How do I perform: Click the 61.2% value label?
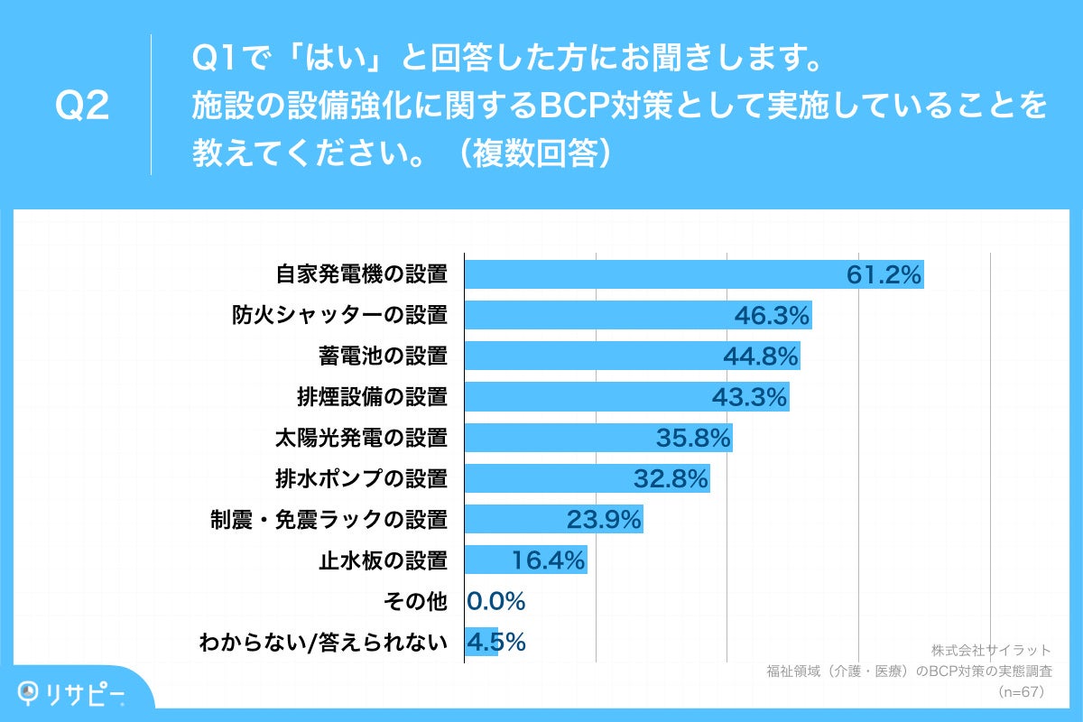[x=884, y=274]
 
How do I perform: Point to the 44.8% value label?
[x=761, y=356]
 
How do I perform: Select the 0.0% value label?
[x=496, y=601]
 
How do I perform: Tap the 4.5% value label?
[x=496, y=642]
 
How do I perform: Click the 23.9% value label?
[x=604, y=519]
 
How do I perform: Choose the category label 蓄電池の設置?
[x=383, y=356]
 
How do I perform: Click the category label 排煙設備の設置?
[x=372, y=397]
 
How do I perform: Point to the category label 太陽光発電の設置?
[x=361, y=438]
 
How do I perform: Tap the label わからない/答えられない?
[x=323, y=642]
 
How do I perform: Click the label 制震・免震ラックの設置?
[x=329, y=519]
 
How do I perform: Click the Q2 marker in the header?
[x=82, y=106]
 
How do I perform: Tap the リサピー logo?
[x=72, y=692]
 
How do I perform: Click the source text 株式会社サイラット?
[x=991, y=650]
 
